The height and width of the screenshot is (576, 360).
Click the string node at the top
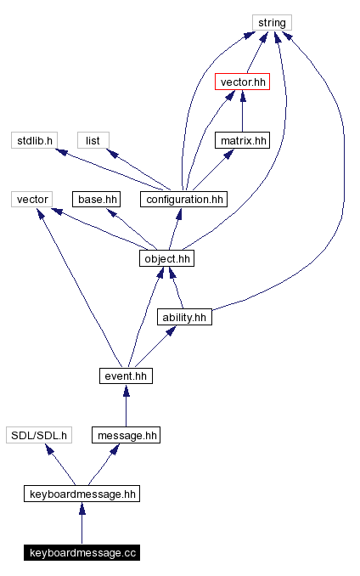click(272, 22)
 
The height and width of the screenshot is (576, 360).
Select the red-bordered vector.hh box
click(242, 82)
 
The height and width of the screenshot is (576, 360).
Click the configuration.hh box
click(184, 199)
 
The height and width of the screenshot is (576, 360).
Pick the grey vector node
click(33, 199)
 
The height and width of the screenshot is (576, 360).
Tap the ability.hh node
click(184, 317)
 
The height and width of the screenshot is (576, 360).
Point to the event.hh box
click(126, 376)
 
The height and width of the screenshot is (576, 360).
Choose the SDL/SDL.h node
click(38, 435)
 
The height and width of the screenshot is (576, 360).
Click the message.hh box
click(126, 435)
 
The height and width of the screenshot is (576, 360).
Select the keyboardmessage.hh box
click(82, 494)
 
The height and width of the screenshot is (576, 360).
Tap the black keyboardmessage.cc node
click(82, 553)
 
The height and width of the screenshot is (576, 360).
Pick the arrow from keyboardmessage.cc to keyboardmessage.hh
click(82, 523)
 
